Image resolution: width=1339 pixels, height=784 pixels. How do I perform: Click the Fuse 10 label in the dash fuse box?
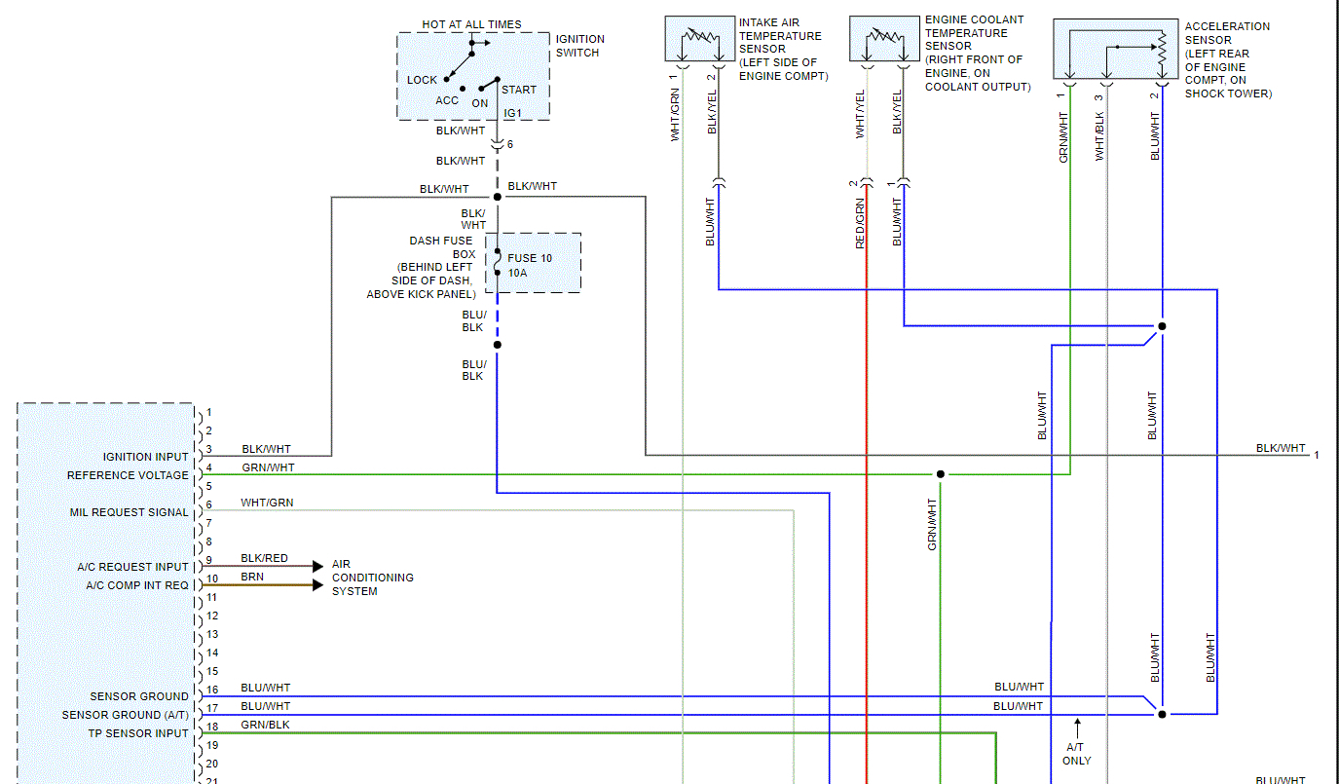pyautogui.click(x=529, y=258)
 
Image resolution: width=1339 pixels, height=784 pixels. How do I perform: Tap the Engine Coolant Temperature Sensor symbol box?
pyautogui.click(x=885, y=39)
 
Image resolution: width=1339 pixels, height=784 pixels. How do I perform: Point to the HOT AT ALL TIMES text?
pyautogui.click(x=471, y=24)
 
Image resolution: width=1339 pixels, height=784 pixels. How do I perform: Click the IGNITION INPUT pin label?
pyautogui.click(x=146, y=457)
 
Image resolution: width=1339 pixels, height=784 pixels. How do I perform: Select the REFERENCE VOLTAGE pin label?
pyautogui.click(x=128, y=475)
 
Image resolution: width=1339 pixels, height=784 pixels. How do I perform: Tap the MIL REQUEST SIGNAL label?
pyautogui.click(x=129, y=512)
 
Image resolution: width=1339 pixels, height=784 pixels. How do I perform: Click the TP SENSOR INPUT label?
pyautogui.click(x=139, y=733)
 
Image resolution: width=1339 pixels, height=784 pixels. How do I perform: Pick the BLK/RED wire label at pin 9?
pyautogui.click(x=264, y=558)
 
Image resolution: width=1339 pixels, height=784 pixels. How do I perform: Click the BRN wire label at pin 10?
pyautogui.click(x=252, y=577)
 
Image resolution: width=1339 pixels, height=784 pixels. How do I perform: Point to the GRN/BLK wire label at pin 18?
pyautogui.click(x=265, y=725)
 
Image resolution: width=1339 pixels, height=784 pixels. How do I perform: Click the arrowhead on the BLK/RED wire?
pyautogui.click(x=317, y=566)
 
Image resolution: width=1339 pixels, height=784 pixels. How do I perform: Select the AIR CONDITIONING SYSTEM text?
pyautogui.click(x=372, y=578)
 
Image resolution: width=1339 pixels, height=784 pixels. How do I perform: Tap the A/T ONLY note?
pyautogui.click(x=1077, y=753)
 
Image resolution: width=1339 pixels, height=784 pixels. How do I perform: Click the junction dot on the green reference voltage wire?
pyautogui.click(x=940, y=474)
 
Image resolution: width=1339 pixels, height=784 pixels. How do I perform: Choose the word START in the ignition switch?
pyautogui.click(x=519, y=90)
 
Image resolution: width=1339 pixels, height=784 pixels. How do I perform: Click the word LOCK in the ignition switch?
pyautogui.click(x=422, y=80)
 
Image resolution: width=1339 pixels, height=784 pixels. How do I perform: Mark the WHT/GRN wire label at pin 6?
pyautogui.click(x=267, y=503)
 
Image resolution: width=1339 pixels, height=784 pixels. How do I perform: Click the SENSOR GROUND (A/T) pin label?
pyautogui.click(x=125, y=715)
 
